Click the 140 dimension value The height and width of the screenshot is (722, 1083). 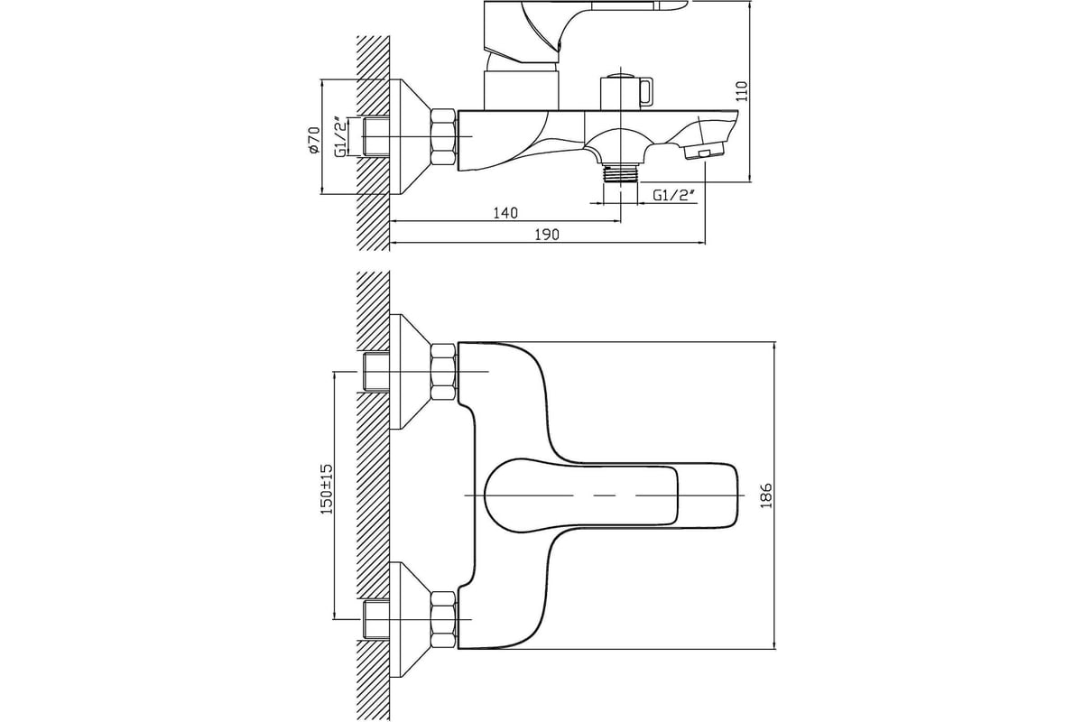click(505, 213)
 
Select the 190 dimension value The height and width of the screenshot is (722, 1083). click(547, 235)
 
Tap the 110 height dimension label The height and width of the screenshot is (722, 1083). click(742, 91)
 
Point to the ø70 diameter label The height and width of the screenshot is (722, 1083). click(314, 140)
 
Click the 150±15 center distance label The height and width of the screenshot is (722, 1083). click(328, 489)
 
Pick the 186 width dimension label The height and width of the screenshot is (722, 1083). click(766, 495)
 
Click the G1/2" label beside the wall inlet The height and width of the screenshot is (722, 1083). click(341, 137)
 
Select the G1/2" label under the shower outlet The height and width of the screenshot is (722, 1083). click(674, 195)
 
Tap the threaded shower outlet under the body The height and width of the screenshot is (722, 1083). click(621, 173)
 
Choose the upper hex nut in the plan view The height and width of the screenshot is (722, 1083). click(443, 372)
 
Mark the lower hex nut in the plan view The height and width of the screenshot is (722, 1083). click(443, 619)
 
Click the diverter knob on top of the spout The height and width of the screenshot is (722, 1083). click(627, 92)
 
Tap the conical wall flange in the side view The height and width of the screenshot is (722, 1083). click(410, 137)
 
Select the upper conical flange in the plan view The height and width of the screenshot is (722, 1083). click(410, 372)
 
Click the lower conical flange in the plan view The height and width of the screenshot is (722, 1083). click(410, 619)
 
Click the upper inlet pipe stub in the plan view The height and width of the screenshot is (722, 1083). click(376, 372)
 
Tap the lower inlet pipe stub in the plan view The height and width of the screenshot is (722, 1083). click(376, 619)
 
